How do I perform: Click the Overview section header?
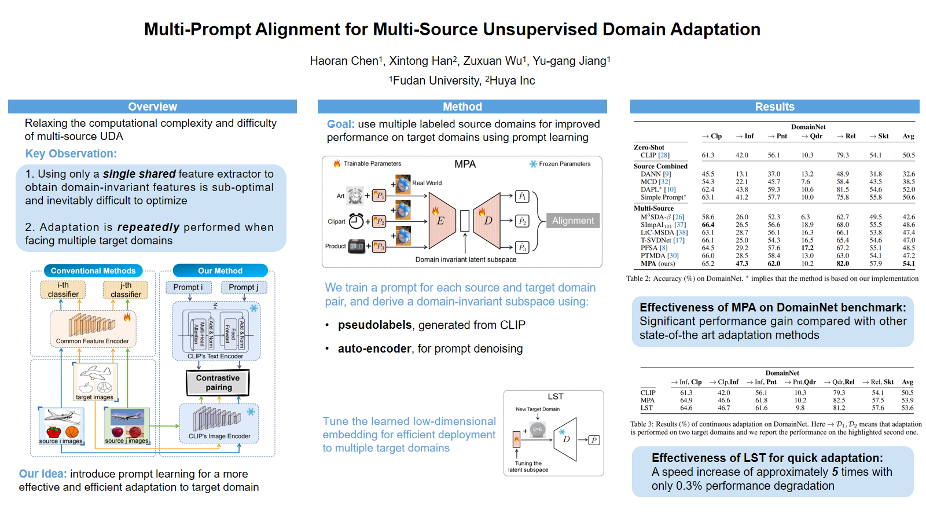[x=152, y=107]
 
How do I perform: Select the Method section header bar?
[x=462, y=107]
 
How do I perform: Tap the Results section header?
[x=774, y=107]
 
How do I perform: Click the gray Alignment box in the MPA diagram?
[x=572, y=221]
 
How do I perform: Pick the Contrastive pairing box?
[x=218, y=383]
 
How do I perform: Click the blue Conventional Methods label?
[x=93, y=271]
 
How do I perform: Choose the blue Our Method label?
[x=220, y=271]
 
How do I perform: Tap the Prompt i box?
[x=188, y=287]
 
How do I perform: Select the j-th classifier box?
[x=126, y=290]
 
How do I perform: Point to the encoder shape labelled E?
[x=441, y=221]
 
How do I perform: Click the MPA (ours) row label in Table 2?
[x=657, y=263]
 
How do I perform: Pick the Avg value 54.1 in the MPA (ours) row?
[x=909, y=263]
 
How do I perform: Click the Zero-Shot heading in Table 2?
[x=649, y=148]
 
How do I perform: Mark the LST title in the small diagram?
[x=556, y=397]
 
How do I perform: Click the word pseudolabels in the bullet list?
[x=374, y=325]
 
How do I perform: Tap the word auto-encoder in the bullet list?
[x=374, y=348]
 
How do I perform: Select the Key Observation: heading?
[x=71, y=153]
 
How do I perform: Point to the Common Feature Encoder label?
[x=93, y=341]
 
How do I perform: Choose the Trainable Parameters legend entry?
[x=372, y=164]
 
